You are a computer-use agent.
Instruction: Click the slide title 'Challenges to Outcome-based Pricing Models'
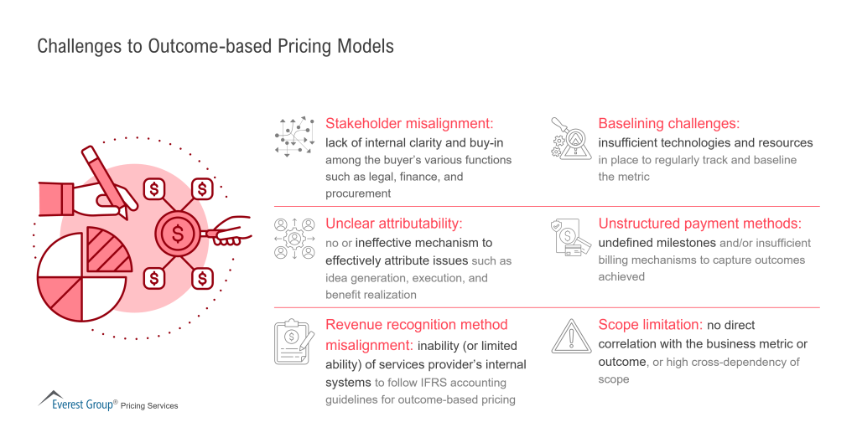pos(216,46)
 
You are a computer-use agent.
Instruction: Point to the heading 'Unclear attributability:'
pos(394,224)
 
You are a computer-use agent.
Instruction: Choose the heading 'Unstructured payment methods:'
pos(700,224)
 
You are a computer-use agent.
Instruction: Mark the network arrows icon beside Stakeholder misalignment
pos(294,136)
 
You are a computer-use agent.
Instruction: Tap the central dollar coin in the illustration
pos(178,234)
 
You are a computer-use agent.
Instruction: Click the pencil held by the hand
pos(105,180)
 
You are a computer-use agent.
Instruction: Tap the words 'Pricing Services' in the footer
pos(148,406)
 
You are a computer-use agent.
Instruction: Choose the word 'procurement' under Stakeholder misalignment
pos(358,193)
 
